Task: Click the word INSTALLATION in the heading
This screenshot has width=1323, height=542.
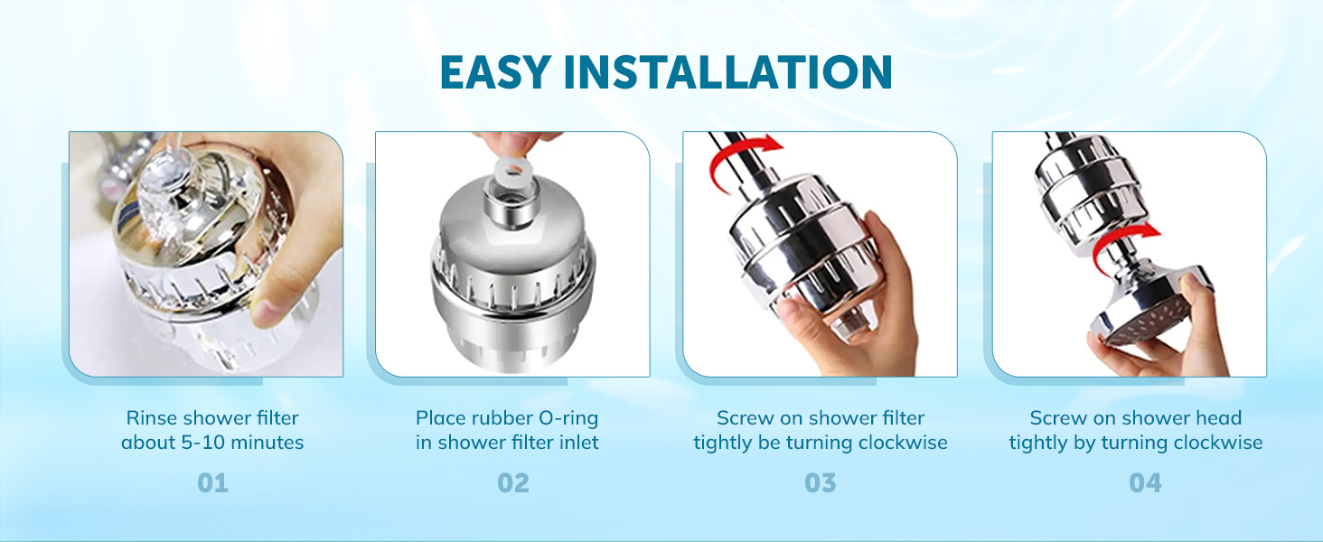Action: [727, 72]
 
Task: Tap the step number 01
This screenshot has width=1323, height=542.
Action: [212, 483]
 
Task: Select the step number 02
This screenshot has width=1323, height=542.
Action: [513, 483]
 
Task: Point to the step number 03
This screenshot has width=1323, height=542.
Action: [821, 483]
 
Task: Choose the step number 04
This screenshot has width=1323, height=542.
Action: [1145, 483]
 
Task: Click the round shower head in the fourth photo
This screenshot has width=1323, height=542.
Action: [1148, 307]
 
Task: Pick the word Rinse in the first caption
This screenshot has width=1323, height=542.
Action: [152, 418]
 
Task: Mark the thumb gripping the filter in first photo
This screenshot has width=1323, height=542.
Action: [271, 303]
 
